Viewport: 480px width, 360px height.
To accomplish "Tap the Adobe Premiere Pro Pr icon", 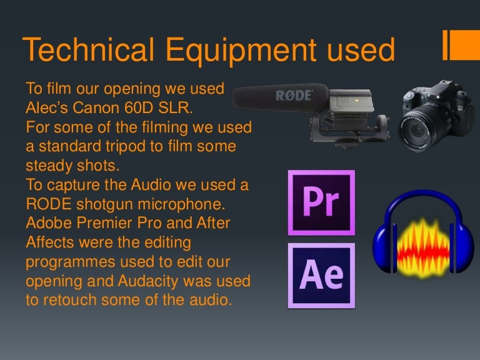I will click(321, 202).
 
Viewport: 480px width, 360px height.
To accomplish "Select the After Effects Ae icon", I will click(321, 276).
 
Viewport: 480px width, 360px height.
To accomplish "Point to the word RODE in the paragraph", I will click(47, 204).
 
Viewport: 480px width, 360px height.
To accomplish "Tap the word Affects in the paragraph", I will click(49, 242).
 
